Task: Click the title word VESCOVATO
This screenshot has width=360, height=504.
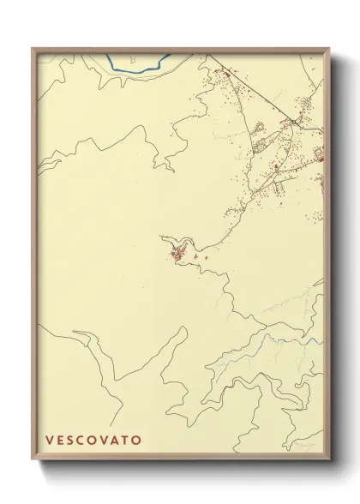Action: click(94, 440)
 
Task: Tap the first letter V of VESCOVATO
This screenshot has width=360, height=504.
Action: click(50, 440)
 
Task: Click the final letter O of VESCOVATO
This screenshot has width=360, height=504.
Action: click(138, 440)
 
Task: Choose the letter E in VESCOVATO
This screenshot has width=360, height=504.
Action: click(61, 440)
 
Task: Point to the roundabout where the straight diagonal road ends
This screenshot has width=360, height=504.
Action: click(293, 122)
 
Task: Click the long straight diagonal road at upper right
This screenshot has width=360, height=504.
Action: click(253, 90)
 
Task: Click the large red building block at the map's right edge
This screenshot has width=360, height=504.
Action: click(318, 155)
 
